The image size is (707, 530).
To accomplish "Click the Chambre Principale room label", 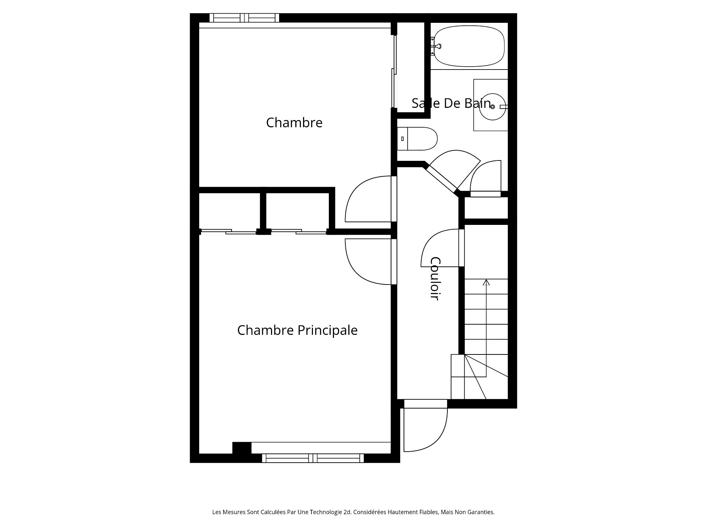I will pyautogui.click(x=297, y=330).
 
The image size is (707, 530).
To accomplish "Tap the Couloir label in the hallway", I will pyautogui.click(x=435, y=279).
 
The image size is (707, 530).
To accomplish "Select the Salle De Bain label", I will pyautogui.click(x=451, y=103).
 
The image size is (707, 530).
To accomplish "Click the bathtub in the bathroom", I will pyautogui.click(x=469, y=46).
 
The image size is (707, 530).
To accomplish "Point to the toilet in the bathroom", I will pyautogui.click(x=417, y=139).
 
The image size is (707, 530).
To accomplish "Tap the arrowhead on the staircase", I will pyautogui.click(x=486, y=282).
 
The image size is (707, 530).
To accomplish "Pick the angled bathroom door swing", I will pyautogui.click(x=457, y=167).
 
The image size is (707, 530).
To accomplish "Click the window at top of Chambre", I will pyautogui.click(x=244, y=18).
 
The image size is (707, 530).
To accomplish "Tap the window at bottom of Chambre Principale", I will pyautogui.click(x=313, y=458).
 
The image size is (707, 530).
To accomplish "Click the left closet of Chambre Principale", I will pyautogui.click(x=229, y=212).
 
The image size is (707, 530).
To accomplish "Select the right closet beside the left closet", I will pyautogui.click(x=297, y=212).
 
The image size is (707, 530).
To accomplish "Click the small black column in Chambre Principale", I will pyautogui.click(x=242, y=448).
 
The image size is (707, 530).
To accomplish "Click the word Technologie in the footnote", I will pyautogui.click(x=330, y=512).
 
